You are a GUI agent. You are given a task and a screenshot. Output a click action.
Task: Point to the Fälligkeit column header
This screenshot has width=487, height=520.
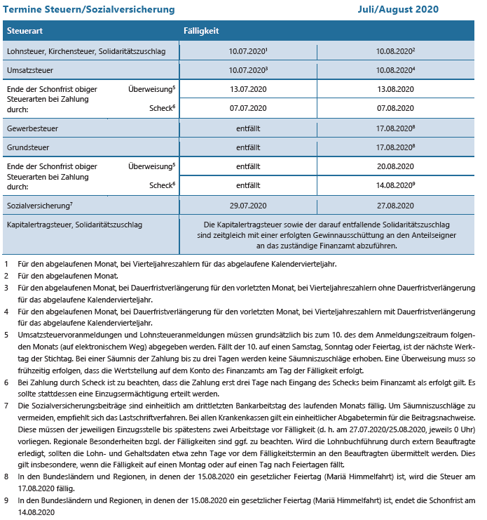(201, 32)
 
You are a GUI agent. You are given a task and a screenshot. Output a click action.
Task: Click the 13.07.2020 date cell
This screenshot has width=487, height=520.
(248, 91)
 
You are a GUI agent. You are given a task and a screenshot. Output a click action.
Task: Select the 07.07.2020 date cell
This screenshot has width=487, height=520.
(248, 109)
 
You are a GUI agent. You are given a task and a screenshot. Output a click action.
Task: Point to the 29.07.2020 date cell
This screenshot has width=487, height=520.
(248, 206)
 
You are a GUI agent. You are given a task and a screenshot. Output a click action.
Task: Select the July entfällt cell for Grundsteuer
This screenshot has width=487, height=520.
(248, 148)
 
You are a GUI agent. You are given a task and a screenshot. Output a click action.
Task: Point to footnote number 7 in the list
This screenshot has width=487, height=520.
(6, 406)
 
